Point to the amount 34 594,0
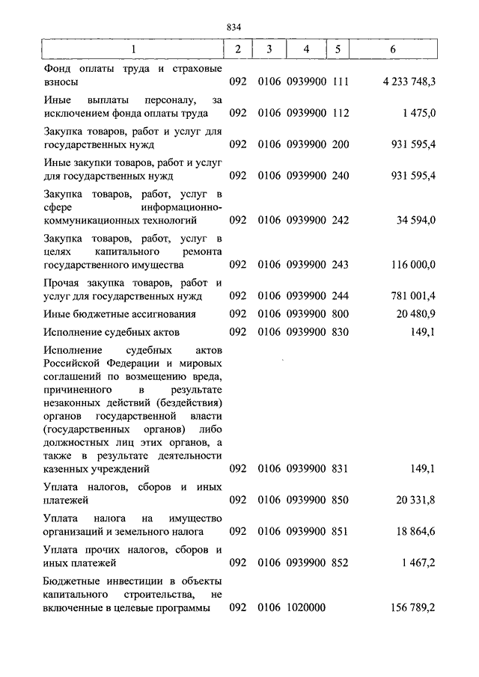tap(415, 220)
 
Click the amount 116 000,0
tap(412, 265)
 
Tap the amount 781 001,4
tap(412, 296)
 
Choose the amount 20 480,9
tap(415, 314)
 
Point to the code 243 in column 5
tap(341, 265)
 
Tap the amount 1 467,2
tap(418, 563)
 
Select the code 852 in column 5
tap(341, 563)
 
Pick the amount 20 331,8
tap(415, 500)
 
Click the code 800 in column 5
tap(341, 314)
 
